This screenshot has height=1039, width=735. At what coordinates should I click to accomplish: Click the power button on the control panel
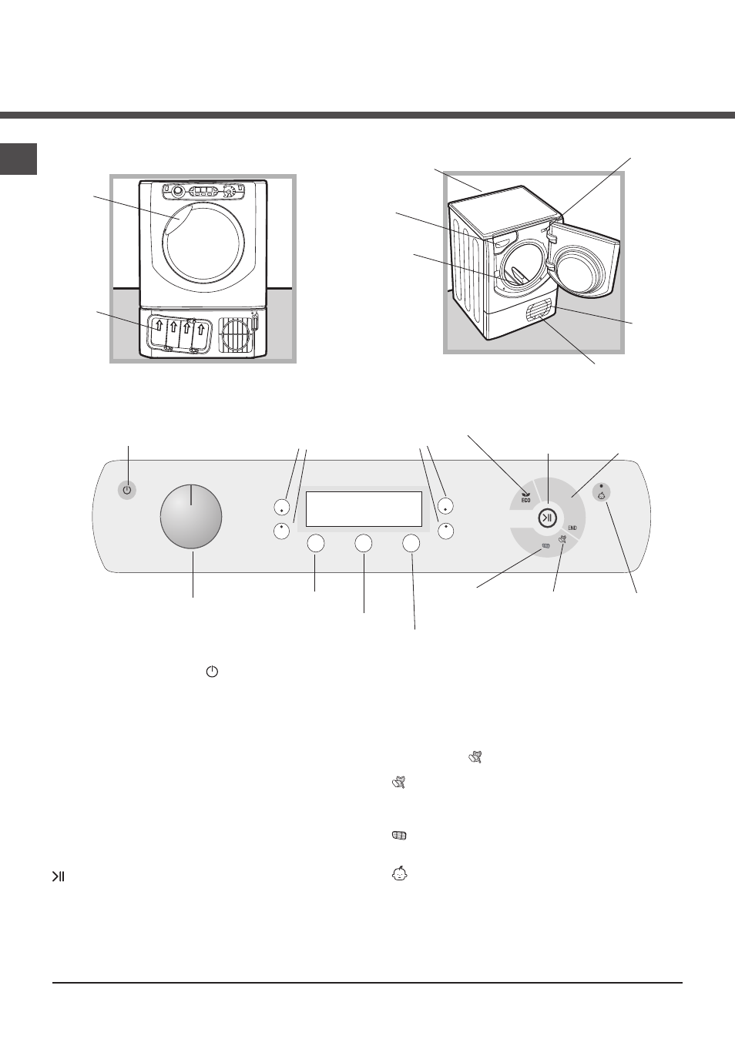click(x=127, y=491)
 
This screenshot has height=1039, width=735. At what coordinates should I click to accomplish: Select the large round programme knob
click(x=191, y=517)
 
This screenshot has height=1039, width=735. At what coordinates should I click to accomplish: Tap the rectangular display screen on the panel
click(x=364, y=509)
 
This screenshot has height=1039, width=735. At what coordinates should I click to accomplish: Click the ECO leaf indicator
click(x=525, y=497)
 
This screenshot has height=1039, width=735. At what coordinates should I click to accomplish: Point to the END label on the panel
click(x=572, y=528)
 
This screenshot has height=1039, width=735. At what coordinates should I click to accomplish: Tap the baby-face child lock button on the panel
click(x=602, y=493)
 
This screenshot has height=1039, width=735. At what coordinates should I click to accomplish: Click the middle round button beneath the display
click(x=364, y=543)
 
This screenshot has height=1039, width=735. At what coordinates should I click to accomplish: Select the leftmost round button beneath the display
click(x=316, y=543)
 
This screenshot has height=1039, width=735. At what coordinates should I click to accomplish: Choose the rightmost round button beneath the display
click(x=411, y=543)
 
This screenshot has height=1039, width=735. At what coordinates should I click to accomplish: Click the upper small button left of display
click(x=282, y=507)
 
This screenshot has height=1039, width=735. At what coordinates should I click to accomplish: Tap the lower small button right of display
click(x=445, y=531)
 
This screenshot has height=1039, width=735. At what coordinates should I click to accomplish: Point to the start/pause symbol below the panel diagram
click(x=58, y=876)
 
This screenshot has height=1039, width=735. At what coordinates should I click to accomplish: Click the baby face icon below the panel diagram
click(x=400, y=874)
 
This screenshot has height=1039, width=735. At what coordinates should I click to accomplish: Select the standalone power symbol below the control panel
click(x=212, y=672)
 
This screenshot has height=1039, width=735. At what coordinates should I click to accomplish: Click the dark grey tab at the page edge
click(x=18, y=159)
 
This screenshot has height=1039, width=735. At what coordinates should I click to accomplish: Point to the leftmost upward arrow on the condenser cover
click(x=159, y=326)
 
